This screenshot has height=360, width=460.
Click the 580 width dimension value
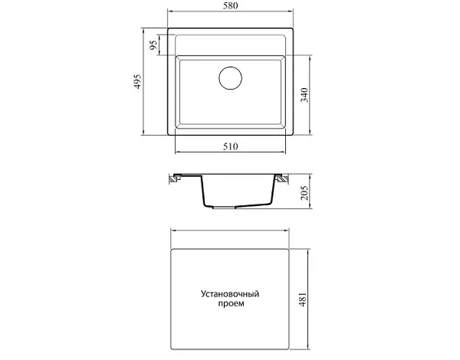[x=230, y=6]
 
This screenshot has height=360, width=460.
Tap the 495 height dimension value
[x=138, y=81]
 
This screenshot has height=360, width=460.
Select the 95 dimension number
[x=153, y=45]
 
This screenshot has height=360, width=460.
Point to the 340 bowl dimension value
[x=305, y=95]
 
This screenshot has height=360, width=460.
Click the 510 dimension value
[x=230, y=146]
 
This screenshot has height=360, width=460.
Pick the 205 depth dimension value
[x=305, y=192]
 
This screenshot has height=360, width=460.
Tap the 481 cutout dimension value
[x=303, y=299]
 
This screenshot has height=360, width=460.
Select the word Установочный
[x=230, y=294]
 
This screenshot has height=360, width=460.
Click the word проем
[x=231, y=304]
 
